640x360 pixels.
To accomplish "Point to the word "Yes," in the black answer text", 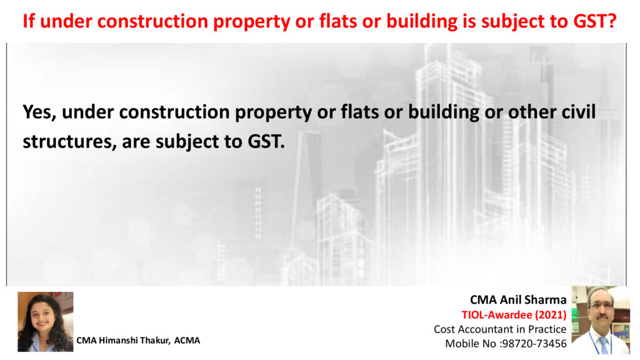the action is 39,112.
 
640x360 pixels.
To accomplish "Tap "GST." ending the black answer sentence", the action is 266,142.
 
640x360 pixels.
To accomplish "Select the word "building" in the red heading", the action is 422,22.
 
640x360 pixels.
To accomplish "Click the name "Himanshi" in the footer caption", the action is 117,341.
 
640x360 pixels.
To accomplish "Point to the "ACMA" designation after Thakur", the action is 187,341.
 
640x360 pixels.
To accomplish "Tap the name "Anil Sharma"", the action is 533,300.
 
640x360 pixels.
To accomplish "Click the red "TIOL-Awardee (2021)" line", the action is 514,315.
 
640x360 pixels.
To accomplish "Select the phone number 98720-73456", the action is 534,344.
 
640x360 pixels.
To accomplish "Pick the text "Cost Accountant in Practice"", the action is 500,329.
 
